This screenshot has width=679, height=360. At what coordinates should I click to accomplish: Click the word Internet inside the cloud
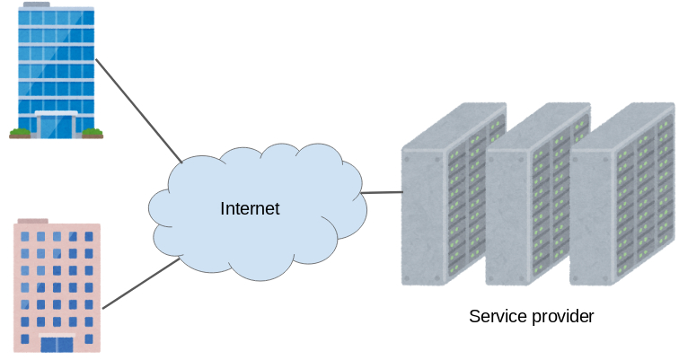point(250,209)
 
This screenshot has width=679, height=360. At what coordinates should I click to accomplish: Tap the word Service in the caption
point(497,317)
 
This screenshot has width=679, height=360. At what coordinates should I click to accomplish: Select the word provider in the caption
point(562,318)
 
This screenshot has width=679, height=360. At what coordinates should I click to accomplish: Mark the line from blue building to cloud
point(139,111)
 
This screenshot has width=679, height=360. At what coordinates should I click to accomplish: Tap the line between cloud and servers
point(381,192)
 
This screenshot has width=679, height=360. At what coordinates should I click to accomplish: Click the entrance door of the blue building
point(56,126)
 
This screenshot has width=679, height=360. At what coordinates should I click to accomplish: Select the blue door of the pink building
point(57,344)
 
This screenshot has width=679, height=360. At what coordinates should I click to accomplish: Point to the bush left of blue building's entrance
point(19,134)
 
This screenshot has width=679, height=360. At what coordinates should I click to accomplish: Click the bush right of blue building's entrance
point(93,134)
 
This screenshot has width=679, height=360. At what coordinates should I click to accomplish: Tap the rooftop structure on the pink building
point(32,220)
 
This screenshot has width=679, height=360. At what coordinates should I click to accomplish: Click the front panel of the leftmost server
point(422,215)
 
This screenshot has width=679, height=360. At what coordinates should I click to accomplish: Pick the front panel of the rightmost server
point(592,215)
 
